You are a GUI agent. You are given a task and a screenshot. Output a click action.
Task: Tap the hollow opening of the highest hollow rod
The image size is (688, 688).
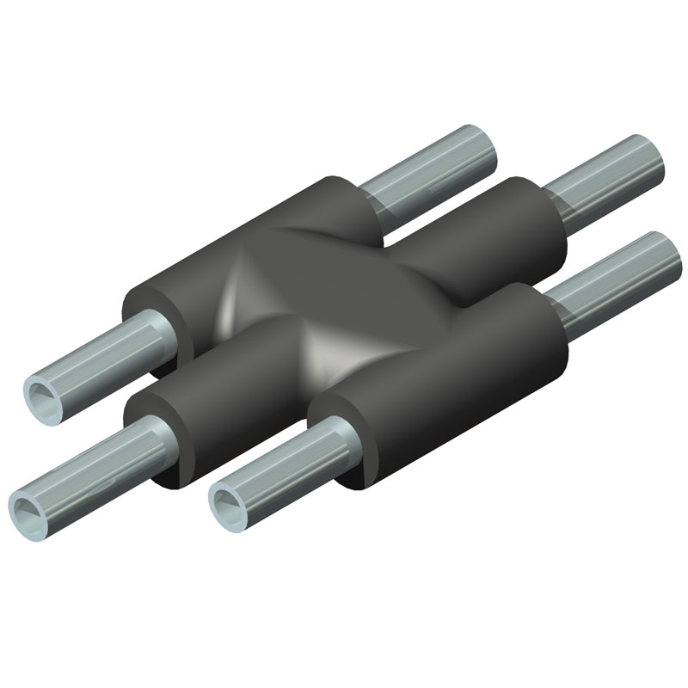pyautogui.click(x=43, y=395)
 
